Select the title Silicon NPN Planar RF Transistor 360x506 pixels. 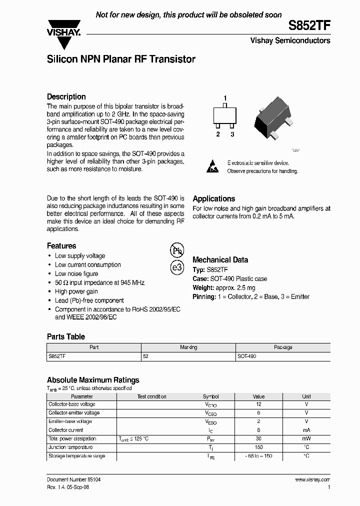[x=121, y=59]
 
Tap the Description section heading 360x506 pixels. [x=66, y=97]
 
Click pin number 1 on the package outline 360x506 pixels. [x=225, y=98]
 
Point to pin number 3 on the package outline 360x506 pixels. [x=232, y=134]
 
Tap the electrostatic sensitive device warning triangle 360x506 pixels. [x=212, y=167]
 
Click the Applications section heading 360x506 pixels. [x=213, y=198]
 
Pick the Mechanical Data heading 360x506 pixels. [x=220, y=260]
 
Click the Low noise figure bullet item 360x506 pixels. [x=76, y=274]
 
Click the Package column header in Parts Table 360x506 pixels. [x=283, y=347]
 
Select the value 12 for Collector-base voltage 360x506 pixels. [x=258, y=404]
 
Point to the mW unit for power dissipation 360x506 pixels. [x=306, y=438]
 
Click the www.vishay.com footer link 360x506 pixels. [x=312, y=479]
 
